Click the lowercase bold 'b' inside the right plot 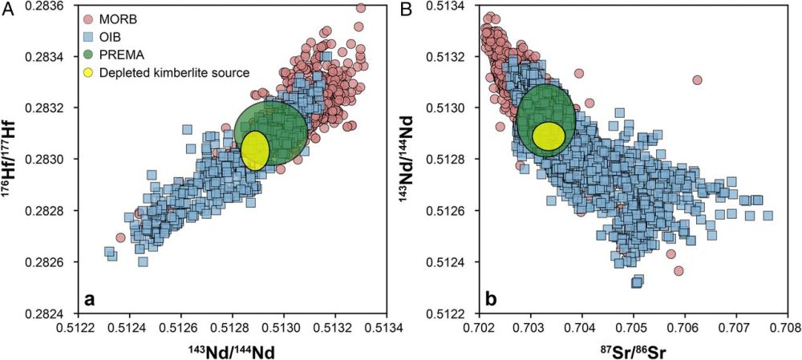pos(491,300)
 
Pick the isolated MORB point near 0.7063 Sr pos(697,80)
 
